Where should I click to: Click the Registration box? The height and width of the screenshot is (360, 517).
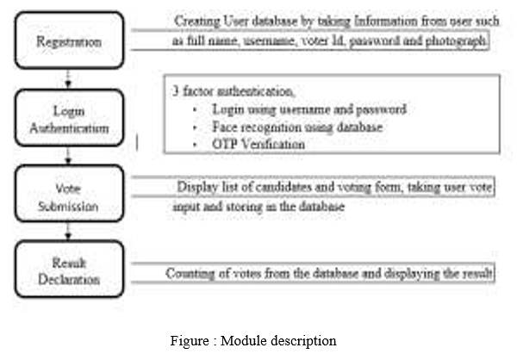click(69, 40)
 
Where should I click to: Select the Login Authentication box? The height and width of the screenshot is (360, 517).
click(69, 118)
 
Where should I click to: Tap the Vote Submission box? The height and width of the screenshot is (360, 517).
click(69, 193)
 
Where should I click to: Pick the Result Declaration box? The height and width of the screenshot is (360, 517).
click(69, 269)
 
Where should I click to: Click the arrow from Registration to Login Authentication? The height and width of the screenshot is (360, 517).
click(68, 79)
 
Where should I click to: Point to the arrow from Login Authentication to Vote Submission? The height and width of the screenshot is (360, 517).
click(68, 156)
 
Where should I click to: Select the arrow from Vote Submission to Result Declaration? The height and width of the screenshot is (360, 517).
click(68, 232)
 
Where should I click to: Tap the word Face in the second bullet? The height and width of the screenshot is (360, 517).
click(224, 127)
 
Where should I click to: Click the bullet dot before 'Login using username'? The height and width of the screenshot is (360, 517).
click(195, 109)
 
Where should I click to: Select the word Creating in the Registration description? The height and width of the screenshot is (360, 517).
click(197, 22)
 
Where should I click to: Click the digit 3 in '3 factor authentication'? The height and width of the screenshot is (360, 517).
click(176, 91)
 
